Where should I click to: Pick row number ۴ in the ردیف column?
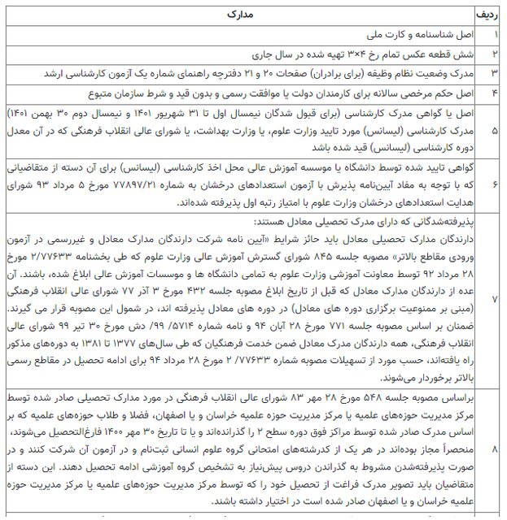494,91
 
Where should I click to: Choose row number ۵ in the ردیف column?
494,128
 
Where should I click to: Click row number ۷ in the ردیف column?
494,300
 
